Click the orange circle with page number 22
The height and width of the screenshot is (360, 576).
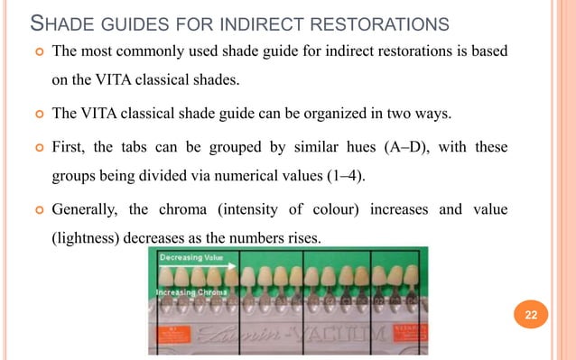click(x=528, y=314)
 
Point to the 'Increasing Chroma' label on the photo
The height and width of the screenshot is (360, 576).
click(x=190, y=292)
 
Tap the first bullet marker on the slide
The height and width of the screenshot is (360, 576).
click(x=35, y=51)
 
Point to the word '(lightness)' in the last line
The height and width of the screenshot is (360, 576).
click(x=89, y=240)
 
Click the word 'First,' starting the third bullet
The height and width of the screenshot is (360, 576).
click(x=73, y=146)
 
